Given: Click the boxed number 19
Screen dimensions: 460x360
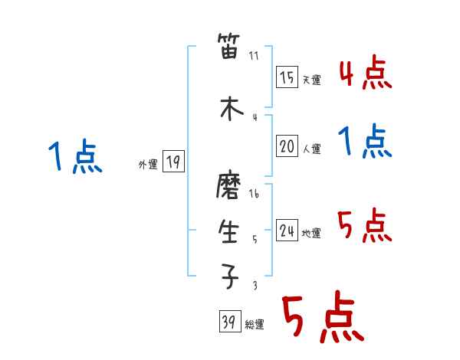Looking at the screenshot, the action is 173,162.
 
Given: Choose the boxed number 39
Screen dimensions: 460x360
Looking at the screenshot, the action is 229,322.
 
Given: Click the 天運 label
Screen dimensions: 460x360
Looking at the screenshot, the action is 311,80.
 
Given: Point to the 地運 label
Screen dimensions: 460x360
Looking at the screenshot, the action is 311,233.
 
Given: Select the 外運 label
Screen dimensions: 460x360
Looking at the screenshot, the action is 147,164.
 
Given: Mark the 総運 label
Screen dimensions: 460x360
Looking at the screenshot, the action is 254,325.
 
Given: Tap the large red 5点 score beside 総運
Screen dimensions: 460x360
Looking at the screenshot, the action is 321,319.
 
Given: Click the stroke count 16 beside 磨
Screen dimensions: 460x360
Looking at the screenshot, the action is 255,194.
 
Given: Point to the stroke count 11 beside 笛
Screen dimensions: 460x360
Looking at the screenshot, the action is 255,55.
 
